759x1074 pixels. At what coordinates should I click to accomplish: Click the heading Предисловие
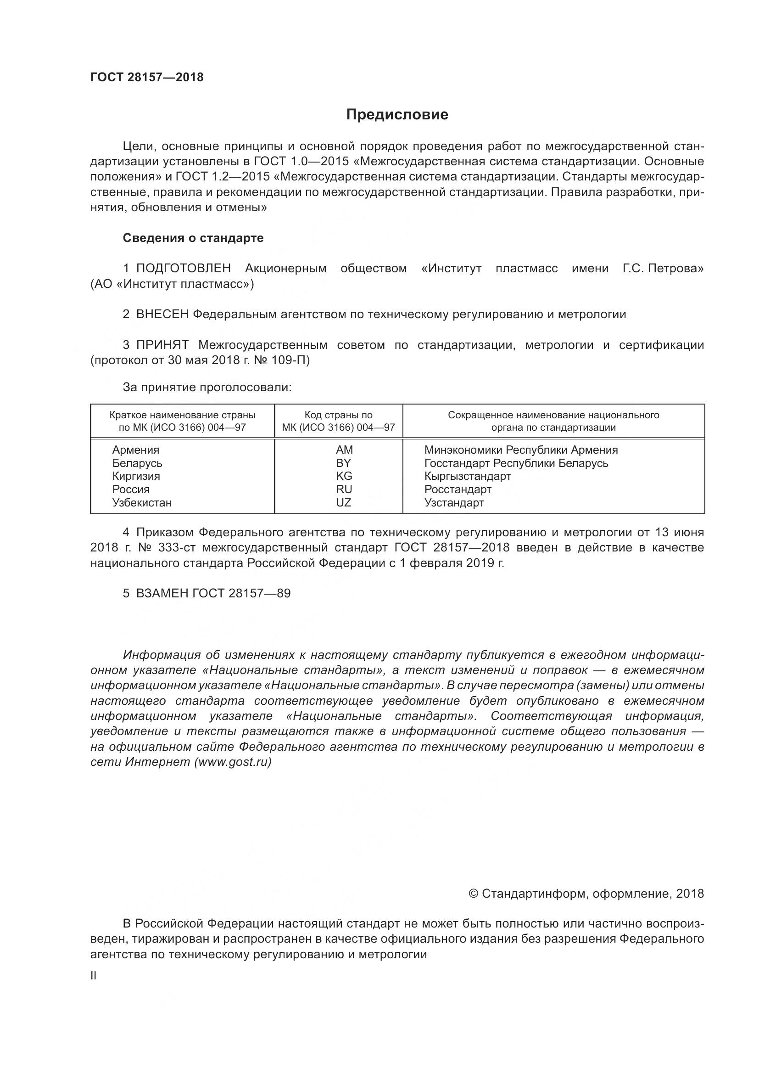[x=397, y=115]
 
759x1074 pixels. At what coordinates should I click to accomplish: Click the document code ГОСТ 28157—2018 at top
[x=147, y=77]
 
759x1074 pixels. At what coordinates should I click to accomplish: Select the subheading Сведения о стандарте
[x=193, y=238]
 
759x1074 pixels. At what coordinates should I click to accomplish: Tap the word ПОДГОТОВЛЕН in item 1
[x=183, y=269]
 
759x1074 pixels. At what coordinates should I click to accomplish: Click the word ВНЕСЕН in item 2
[x=162, y=315]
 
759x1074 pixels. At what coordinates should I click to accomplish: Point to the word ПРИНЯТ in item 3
[x=162, y=345]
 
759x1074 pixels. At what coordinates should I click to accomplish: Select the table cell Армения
[x=135, y=450]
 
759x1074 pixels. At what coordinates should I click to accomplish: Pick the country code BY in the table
[x=344, y=463]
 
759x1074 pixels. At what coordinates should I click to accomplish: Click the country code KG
[x=344, y=476]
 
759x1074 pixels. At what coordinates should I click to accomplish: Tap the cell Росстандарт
[x=458, y=489]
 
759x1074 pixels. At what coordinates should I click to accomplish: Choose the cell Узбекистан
[x=142, y=503]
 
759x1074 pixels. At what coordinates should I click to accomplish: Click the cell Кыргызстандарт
[x=467, y=476]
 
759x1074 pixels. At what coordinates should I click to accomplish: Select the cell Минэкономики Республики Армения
[x=521, y=450]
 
